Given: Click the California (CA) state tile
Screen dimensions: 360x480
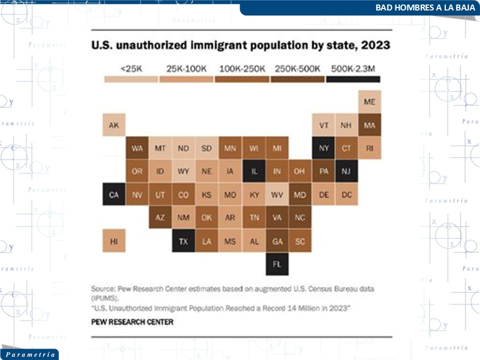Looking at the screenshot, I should (x=114, y=194).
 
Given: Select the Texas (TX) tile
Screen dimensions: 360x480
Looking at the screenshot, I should (x=183, y=241).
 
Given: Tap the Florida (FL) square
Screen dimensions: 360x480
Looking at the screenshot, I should (x=277, y=264).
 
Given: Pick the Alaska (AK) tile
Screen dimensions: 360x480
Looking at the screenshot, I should (x=114, y=125).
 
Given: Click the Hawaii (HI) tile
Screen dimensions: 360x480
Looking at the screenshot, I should (x=114, y=241).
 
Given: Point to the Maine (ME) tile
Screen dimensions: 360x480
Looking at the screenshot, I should (x=369, y=102).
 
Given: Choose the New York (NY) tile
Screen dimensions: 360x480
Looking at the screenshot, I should (x=323, y=148).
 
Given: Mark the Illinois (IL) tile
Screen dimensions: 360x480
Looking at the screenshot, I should (x=254, y=171).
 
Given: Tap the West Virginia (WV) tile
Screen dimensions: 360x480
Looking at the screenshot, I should (x=277, y=194).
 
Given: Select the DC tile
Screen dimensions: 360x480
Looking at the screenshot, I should (x=346, y=194).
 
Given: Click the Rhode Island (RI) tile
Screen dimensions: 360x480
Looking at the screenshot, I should (x=369, y=148).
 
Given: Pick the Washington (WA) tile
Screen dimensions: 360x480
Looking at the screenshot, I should (x=137, y=148).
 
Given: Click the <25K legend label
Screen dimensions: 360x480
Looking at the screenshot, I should (x=131, y=68).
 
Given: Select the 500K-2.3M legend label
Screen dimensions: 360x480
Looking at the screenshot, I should (x=353, y=68).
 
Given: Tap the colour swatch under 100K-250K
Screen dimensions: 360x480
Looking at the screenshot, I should (x=242, y=79).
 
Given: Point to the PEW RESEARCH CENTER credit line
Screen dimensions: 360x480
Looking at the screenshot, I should (x=132, y=322).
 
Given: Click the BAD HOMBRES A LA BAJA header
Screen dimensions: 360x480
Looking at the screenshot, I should (x=425, y=8).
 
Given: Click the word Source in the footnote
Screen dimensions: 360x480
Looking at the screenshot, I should (x=102, y=289).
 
